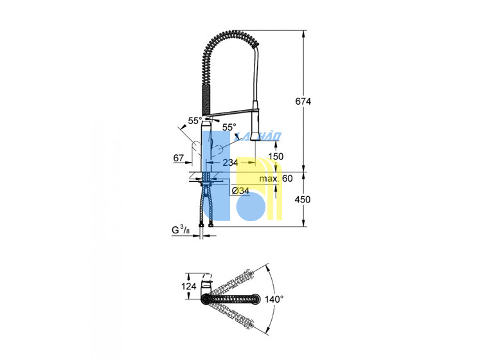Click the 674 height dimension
[303, 101]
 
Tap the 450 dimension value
[303, 199]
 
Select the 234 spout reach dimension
[230, 163]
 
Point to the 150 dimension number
[276, 156]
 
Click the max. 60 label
[276, 179]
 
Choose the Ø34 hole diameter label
[241, 191]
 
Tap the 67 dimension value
[179, 158]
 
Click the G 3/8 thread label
[181, 230]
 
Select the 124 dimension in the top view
[189, 286]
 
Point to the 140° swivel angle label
[274, 299]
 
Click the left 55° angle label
[195, 121]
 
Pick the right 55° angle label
[229, 127]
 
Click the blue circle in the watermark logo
[251, 206]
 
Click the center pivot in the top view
[206, 299]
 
